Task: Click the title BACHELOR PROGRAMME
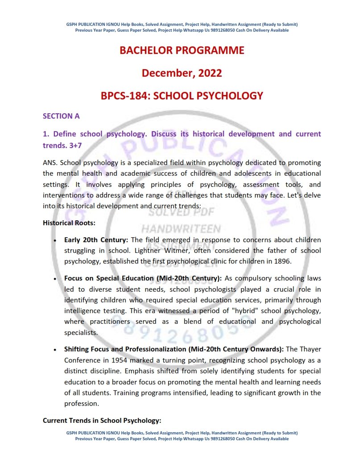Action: [182, 50]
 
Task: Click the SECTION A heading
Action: [61, 116]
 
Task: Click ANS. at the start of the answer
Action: [50, 162]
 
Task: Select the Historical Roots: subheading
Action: [69, 223]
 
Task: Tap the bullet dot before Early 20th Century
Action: [55, 240]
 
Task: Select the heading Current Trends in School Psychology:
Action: [102, 420]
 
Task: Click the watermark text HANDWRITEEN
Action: [181, 229]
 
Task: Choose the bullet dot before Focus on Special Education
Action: [55, 279]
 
